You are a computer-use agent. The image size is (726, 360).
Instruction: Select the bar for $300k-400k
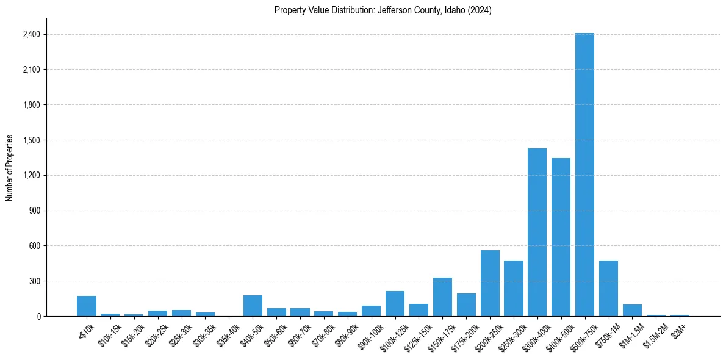[537, 232]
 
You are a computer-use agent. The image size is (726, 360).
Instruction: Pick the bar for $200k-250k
[490, 283]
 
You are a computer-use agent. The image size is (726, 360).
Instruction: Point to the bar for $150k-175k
[442, 297]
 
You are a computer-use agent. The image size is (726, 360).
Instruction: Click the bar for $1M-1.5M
[632, 310]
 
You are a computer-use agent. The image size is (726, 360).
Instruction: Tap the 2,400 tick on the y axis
[31, 34]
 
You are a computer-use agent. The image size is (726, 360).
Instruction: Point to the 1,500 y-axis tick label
[31, 140]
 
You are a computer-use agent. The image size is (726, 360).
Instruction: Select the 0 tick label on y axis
[38, 316]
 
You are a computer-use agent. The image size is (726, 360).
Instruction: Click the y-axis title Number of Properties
[10, 168]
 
